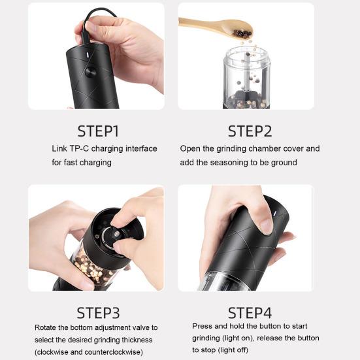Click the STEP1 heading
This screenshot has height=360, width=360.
[98, 131]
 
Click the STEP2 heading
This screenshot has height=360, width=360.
[250, 131]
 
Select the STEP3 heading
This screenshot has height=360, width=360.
[98, 313]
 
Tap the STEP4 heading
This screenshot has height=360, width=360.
[250, 313]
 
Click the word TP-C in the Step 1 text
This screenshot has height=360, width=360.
[79, 148]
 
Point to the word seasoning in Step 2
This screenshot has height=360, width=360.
[229, 163]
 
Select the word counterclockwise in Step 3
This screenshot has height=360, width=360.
[114, 352]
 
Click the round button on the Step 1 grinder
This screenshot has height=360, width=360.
[90, 72]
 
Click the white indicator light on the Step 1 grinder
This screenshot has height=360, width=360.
[88, 56]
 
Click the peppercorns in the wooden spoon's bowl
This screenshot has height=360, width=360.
[242, 34]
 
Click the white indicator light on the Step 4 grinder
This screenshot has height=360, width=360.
[275, 213]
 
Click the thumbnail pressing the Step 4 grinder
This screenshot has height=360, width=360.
[266, 226]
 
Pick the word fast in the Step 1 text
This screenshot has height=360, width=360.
[71, 163]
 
